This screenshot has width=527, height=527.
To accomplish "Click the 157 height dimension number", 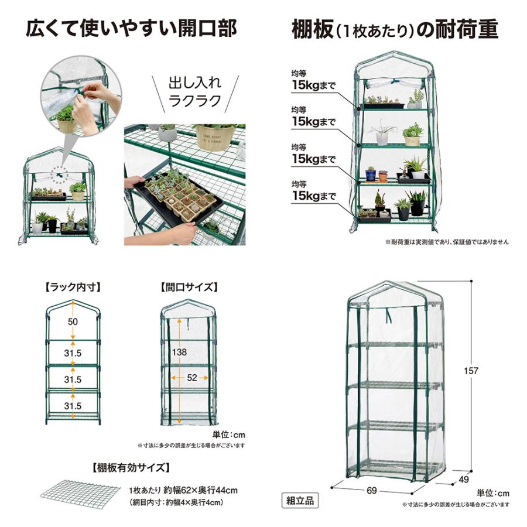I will (x=471, y=371).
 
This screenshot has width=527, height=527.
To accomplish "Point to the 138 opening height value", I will (x=180, y=352).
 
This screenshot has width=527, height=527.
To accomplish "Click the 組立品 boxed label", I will (x=300, y=500).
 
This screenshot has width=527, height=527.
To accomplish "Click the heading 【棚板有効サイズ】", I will (x=132, y=467).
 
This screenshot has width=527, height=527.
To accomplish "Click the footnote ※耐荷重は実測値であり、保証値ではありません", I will (x=447, y=241).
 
